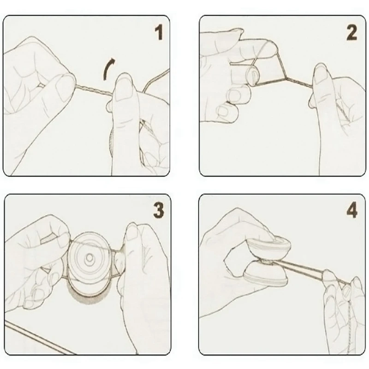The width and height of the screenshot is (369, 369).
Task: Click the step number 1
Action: (159, 32)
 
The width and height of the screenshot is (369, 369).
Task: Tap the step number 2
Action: (351, 32)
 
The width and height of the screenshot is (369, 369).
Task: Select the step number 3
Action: (159, 210)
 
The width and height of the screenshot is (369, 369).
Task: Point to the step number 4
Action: (352, 210)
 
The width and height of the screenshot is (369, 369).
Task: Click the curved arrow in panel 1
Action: (108, 68)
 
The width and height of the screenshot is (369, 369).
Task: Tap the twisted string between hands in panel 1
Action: (94, 90)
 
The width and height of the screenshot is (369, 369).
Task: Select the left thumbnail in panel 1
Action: (64, 88)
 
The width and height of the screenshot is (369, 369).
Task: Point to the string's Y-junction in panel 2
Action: (286, 77)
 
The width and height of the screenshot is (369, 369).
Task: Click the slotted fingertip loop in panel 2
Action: (253, 75)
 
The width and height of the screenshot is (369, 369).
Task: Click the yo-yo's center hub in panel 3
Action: (89, 258)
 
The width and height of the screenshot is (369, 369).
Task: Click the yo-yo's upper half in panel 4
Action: (269, 247)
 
